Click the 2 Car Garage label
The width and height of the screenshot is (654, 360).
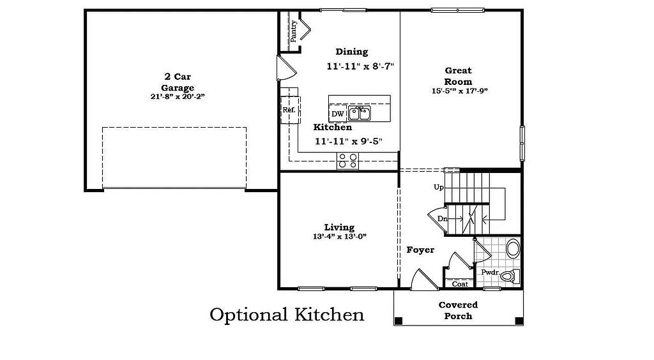pos(177,82)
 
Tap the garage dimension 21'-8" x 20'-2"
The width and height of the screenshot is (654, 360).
pos(177,97)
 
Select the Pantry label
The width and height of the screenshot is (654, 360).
pos(294,31)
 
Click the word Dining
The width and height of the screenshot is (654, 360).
pos(352,52)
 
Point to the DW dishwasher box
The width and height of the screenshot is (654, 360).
pos(338,114)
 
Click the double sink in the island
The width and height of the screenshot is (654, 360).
pos(360,114)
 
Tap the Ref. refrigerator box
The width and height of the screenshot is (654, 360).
pos(289,110)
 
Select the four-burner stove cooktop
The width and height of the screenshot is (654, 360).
pos(347,161)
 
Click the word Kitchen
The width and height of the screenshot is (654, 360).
pos(332,127)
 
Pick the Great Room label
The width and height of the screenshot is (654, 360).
pos(459,76)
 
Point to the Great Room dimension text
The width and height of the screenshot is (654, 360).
pos(459,91)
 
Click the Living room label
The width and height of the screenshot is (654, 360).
pos(339,227)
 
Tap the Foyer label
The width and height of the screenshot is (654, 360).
pos(420,250)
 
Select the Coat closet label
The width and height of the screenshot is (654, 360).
pos(460,284)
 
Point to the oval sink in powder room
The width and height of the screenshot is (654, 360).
pos(513,247)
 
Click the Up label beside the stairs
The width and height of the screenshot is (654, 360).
pos(439,187)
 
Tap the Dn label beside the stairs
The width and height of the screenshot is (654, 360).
pos(442,219)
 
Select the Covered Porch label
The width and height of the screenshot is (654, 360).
pos(459,310)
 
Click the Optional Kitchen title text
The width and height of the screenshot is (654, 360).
pos(287,315)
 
